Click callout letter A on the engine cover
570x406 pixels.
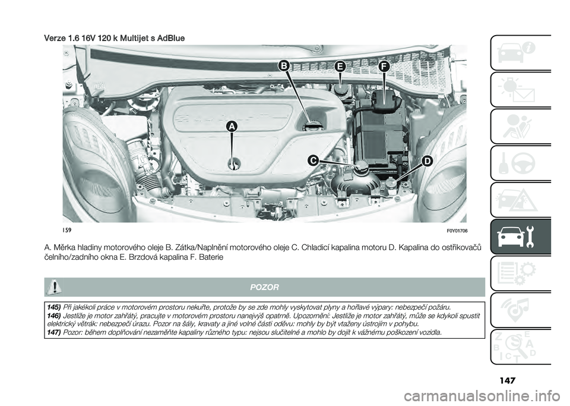[229, 126]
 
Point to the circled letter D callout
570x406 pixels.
[426, 162]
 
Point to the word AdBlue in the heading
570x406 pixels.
[169, 38]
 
